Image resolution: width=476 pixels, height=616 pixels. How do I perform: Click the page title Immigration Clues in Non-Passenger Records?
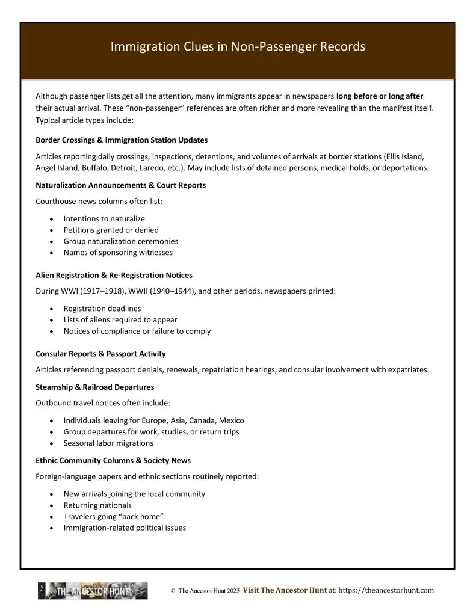238,46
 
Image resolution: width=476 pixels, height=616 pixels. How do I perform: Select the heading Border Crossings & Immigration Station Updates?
122,140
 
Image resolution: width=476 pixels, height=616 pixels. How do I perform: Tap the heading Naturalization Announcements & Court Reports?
120,185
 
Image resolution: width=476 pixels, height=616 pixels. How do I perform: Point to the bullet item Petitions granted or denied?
111,230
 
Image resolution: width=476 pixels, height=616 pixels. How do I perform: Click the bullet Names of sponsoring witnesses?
118,253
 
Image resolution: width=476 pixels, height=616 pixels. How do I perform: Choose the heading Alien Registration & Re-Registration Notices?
114,275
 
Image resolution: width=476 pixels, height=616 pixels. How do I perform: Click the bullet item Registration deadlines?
102,309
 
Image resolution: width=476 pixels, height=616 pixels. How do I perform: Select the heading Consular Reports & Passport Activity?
100,354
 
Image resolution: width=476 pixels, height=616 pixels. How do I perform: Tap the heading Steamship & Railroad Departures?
94,387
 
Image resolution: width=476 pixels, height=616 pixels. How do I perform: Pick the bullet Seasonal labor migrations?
108,443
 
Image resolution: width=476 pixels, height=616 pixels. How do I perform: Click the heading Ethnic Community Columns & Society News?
113,460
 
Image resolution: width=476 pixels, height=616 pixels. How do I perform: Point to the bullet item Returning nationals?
97,505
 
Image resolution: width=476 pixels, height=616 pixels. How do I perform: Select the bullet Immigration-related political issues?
125,528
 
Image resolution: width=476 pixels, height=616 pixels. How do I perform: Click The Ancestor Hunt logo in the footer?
93,591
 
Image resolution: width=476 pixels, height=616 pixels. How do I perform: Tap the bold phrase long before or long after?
380,96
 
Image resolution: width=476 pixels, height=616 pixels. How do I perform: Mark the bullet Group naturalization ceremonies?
121,241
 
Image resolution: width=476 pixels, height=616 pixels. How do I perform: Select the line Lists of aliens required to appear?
120,320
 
